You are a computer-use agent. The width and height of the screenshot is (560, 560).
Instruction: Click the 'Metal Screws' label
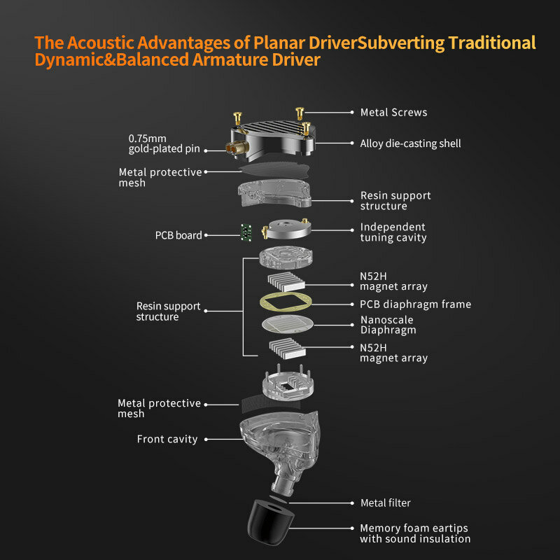pos(393,113)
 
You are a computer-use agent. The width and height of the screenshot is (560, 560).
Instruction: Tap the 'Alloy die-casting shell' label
pos(410,143)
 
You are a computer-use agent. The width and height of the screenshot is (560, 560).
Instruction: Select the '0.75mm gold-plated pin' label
pos(164,143)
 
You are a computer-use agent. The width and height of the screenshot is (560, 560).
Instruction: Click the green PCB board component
pos(246,232)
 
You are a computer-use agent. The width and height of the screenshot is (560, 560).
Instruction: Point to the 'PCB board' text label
pos(178,235)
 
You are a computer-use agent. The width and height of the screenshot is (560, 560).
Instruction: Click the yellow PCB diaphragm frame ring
pos(286,295)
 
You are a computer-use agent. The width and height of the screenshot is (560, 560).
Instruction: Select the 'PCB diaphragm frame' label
pos(415,304)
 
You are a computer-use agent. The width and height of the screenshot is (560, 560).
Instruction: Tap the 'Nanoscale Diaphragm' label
pos(388,325)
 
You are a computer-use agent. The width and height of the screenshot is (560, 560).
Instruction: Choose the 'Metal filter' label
pos(386,503)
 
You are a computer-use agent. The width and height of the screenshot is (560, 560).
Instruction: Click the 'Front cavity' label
pos(167,439)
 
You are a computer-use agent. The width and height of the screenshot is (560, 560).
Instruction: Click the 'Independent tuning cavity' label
pos(393,232)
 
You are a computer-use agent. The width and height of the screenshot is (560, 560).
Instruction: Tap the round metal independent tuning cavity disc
pos(288,229)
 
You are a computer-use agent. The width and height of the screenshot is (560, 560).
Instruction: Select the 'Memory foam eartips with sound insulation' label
pos(415,533)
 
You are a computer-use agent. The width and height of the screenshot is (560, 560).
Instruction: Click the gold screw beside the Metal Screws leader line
pos(300,113)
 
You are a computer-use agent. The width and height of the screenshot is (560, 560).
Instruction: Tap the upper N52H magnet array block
pos(286,281)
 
